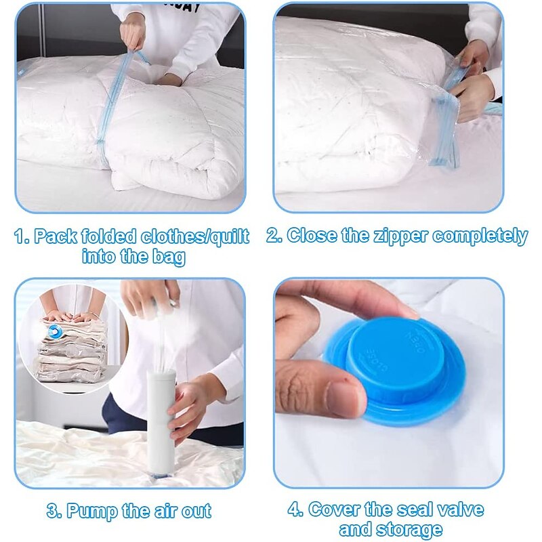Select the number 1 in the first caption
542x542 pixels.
coord(21,236)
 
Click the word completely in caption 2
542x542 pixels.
coord(480,236)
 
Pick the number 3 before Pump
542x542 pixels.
coord(52,510)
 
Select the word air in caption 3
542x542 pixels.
coord(160,510)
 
